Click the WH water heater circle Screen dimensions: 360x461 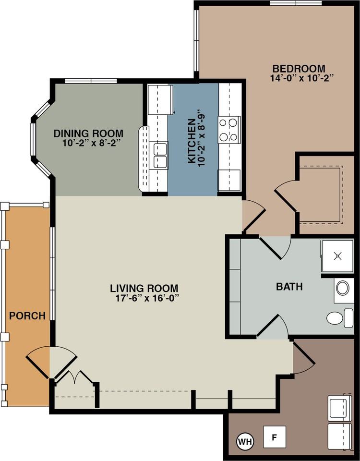coord(245,441)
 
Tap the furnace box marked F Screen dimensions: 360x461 coord(275,437)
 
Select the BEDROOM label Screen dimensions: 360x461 coord(299,69)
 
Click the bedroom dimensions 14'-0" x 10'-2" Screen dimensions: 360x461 coord(302,78)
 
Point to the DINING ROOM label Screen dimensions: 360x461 coord(88,134)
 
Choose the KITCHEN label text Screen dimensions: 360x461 coord(192,141)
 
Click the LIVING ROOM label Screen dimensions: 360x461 coord(144,289)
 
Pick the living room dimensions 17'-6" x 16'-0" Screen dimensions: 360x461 coord(147,298)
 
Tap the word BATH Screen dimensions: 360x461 coord(289,287)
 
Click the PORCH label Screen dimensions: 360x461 coord(27,316)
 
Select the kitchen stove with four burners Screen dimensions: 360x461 coord(229,130)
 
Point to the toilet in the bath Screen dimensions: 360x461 coord(340,318)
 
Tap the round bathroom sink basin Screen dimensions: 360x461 coord(343,288)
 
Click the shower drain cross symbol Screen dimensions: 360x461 coord(338,256)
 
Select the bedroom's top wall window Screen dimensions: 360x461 coord(296,3)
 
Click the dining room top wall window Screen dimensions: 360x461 coord(91,81)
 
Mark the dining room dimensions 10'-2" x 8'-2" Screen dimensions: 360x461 coord(92,144)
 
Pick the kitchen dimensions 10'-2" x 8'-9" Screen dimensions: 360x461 coord(201,139)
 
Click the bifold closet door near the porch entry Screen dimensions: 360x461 coord(75,377)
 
